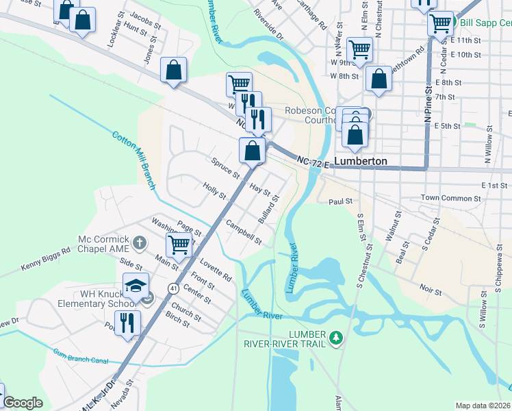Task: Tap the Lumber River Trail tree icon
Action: (335, 338)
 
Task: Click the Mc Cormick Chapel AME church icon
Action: (140, 242)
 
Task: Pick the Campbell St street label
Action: (244, 232)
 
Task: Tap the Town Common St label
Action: (449, 198)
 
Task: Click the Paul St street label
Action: (340, 201)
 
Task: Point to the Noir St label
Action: (431, 290)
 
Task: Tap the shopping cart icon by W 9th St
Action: (359, 49)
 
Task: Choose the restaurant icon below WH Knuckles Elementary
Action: (127, 323)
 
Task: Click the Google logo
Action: (23, 403)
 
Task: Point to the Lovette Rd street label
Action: (216, 269)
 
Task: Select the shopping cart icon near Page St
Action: (179, 243)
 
